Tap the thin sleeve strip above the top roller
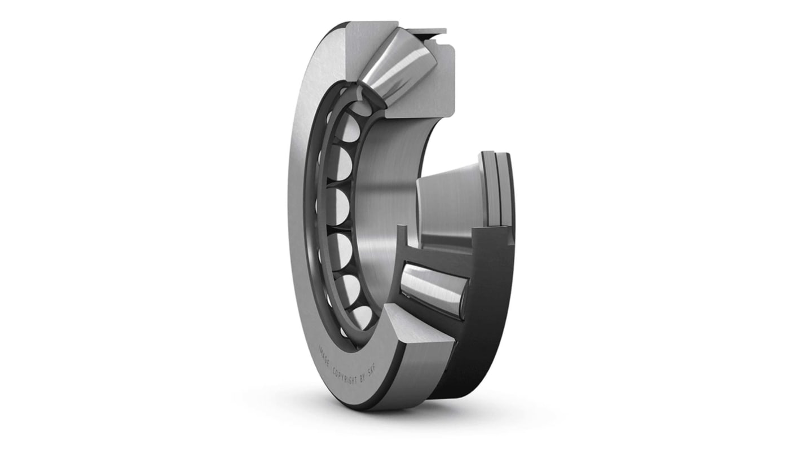(x=426, y=31)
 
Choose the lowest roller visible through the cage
(x=359, y=313)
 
